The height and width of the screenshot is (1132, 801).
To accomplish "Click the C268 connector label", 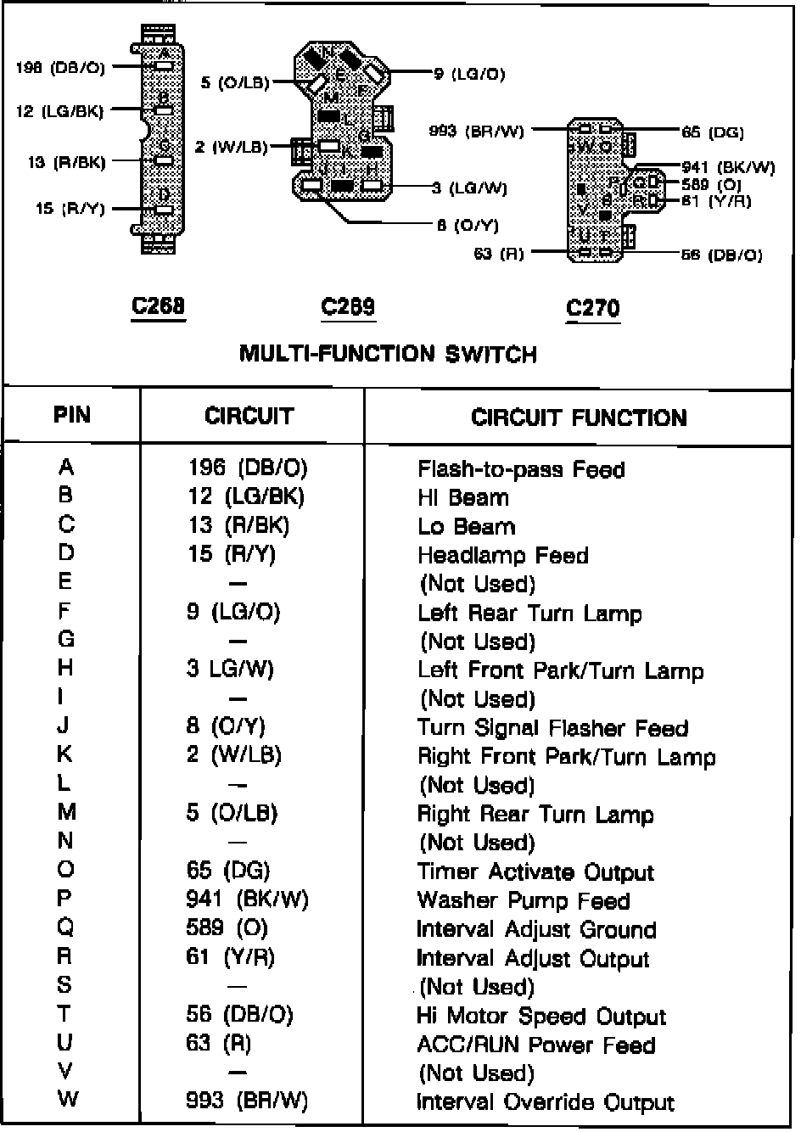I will [x=158, y=305].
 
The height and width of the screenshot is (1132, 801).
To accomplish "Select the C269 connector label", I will [x=348, y=306].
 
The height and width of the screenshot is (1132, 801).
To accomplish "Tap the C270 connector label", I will [x=592, y=308].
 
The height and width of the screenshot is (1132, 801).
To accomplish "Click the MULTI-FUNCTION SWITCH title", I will [x=388, y=353].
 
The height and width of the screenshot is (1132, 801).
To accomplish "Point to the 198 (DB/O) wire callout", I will [x=60, y=68].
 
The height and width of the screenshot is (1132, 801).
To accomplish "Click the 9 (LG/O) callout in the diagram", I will [x=469, y=74].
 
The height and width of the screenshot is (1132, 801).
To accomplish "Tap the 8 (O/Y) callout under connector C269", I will [x=468, y=225].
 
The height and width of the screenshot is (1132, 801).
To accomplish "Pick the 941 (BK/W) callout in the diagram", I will [x=728, y=167].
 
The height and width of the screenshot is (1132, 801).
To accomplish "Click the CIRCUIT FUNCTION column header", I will [x=579, y=417].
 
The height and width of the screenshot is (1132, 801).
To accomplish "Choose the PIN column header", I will [x=72, y=415].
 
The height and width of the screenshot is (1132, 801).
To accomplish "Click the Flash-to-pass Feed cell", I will [x=521, y=469].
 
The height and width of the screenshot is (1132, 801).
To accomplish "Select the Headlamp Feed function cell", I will [x=502, y=556].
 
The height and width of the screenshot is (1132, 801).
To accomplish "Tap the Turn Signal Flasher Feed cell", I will [x=552, y=728].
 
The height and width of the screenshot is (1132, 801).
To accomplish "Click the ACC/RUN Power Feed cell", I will [x=536, y=1045].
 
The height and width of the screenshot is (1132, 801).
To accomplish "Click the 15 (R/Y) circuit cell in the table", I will [x=232, y=554].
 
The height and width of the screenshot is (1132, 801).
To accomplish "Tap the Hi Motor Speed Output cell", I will [x=541, y=1016].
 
